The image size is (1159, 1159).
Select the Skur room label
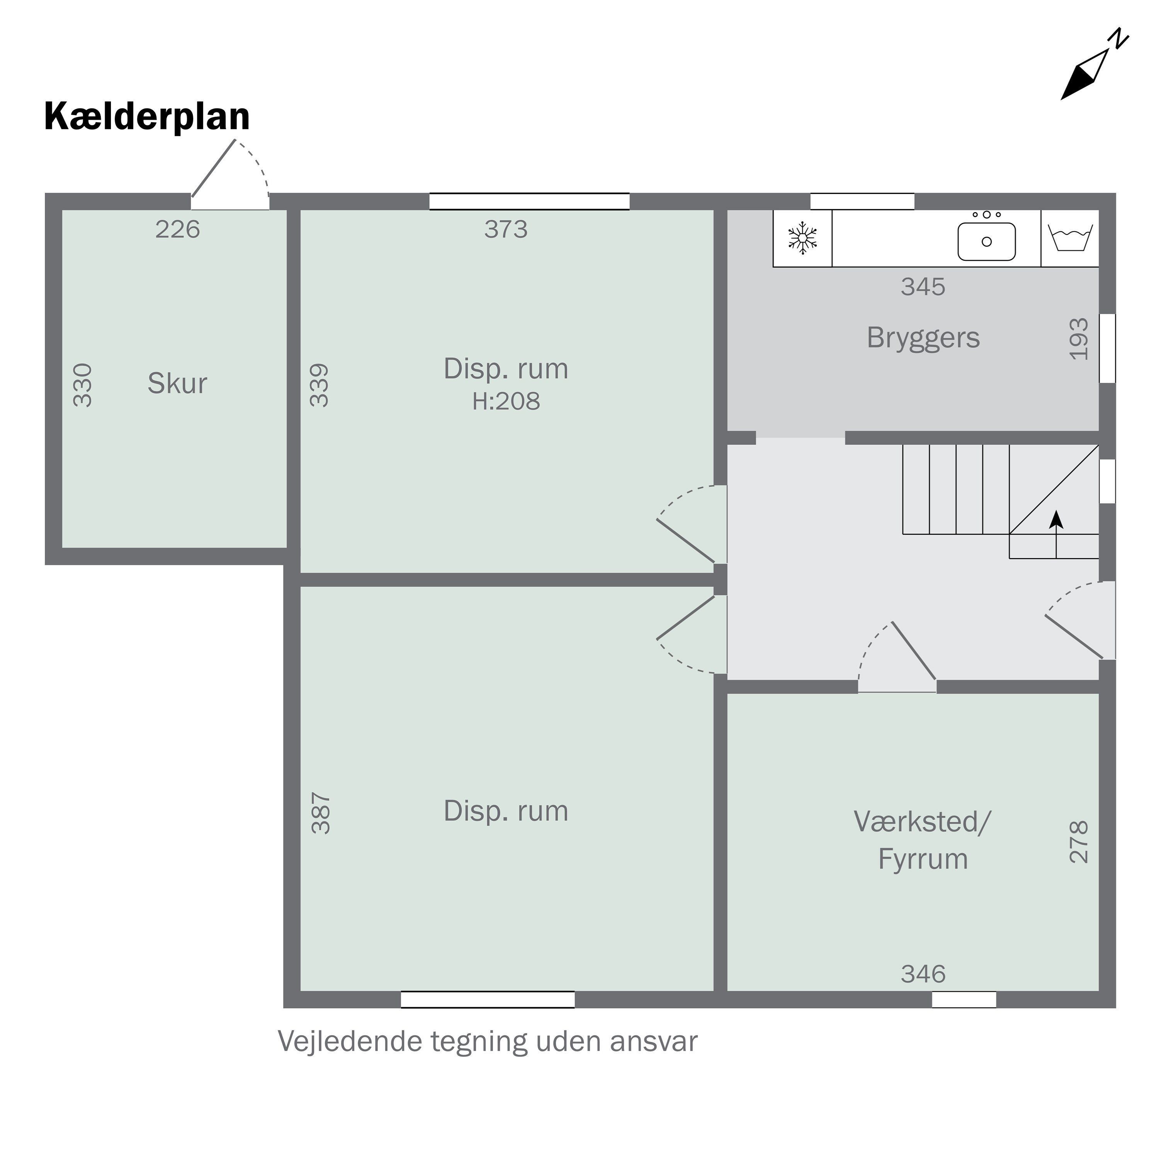click(178, 383)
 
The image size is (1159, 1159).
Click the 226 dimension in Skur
click(178, 229)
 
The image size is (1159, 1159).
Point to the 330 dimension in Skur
click(83, 385)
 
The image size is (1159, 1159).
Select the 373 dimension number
click(506, 229)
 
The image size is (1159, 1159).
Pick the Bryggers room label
click(923, 338)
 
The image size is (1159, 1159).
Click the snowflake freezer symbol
click(802, 238)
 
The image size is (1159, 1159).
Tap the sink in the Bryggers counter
click(986, 241)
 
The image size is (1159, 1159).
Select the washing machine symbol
click(1070, 238)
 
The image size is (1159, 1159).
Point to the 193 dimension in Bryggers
click(1079, 339)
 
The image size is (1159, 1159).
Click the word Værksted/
click(923, 822)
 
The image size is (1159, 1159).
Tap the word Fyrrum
click(923, 859)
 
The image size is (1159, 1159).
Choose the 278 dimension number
click(1079, 842)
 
